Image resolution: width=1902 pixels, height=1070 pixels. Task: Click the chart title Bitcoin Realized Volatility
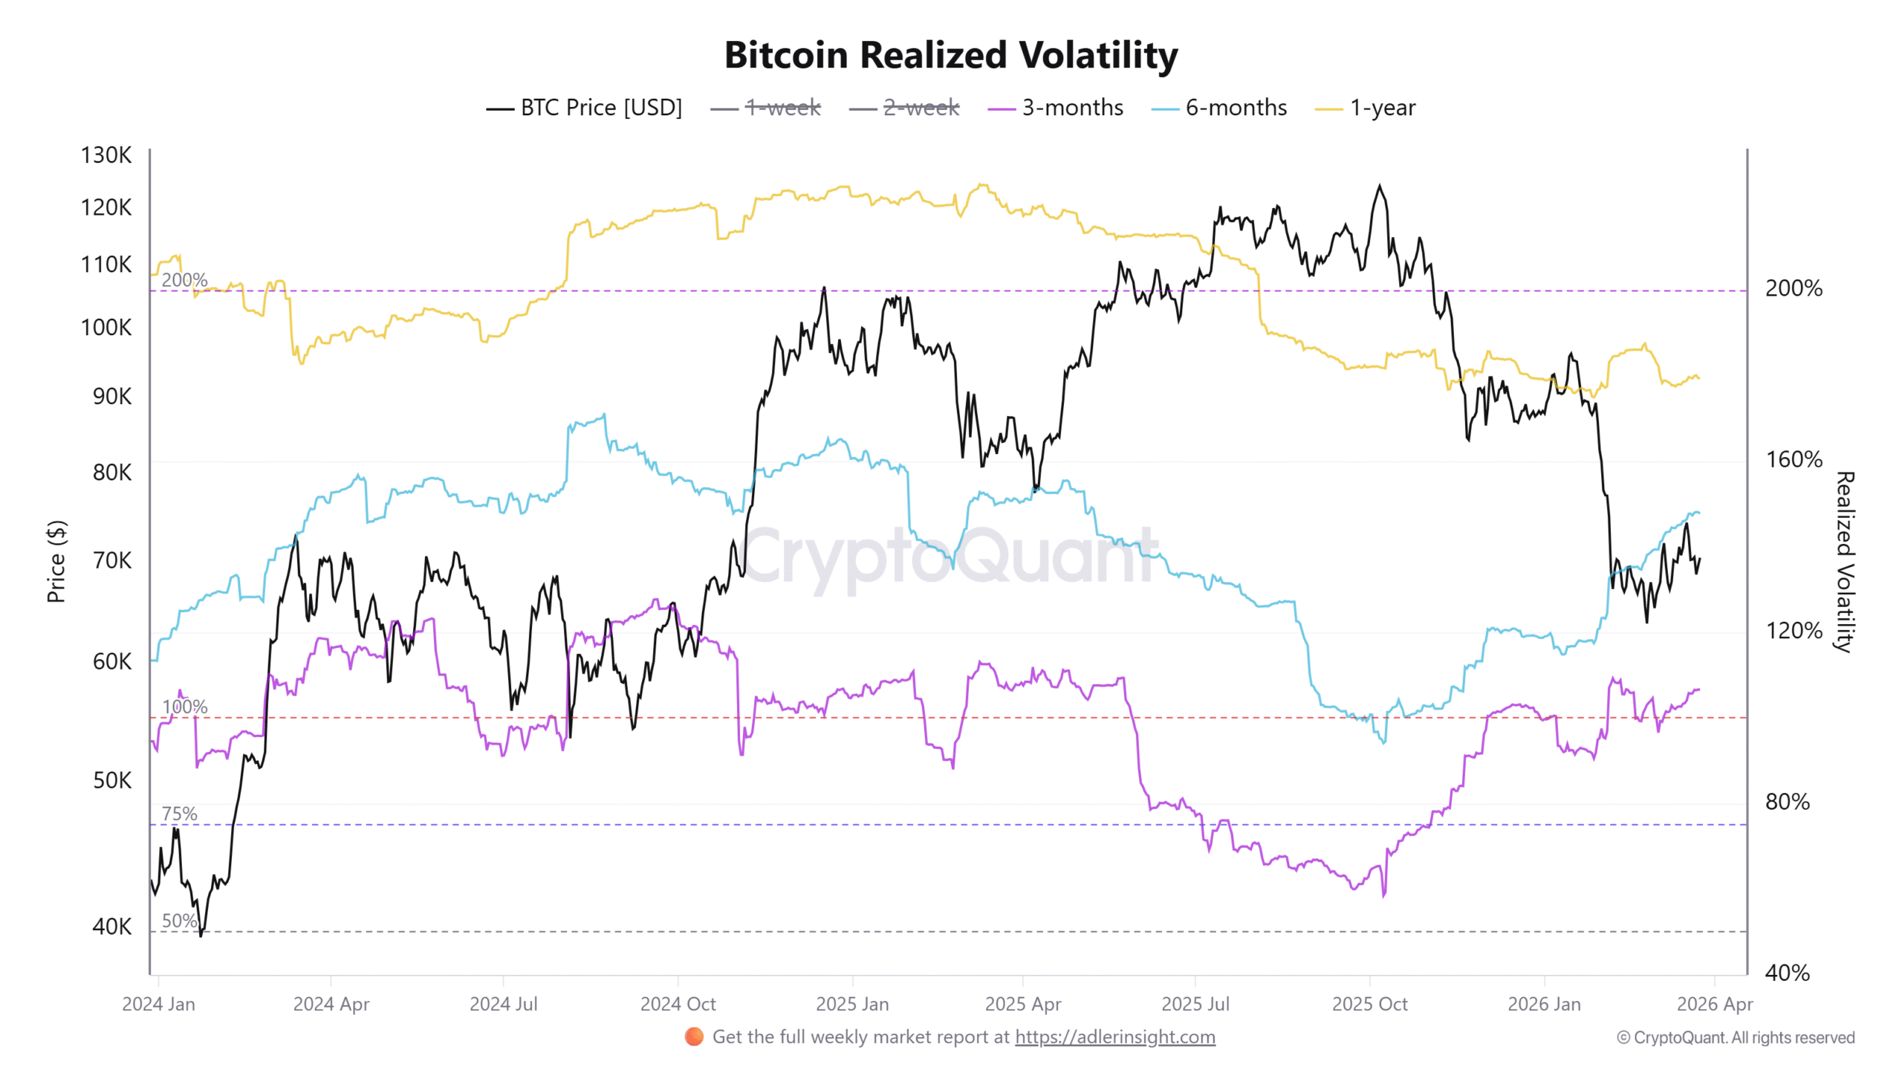coord(950,55)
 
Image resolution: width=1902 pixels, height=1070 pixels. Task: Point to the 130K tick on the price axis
coord(106,155)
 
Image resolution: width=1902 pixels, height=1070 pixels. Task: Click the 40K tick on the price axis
coord(111,927)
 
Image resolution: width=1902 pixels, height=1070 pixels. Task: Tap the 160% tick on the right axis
coord(1793,459)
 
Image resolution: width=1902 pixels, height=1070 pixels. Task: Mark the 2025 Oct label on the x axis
coord(1369,1004)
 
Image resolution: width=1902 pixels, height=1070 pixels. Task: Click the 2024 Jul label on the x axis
coord(503,1004)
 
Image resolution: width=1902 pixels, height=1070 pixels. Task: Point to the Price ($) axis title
coord(56,561)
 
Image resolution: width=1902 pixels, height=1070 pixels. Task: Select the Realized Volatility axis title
coord(1844,561)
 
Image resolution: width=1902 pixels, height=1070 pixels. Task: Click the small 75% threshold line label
coord(179,814)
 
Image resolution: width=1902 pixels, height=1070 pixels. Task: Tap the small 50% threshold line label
coord(179,921)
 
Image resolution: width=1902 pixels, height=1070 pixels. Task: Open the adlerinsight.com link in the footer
coord(1114,1037)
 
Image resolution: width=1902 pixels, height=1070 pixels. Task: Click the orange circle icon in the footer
coord(694,1037)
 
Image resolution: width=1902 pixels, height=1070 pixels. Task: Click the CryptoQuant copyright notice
coord(1736,1037)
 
